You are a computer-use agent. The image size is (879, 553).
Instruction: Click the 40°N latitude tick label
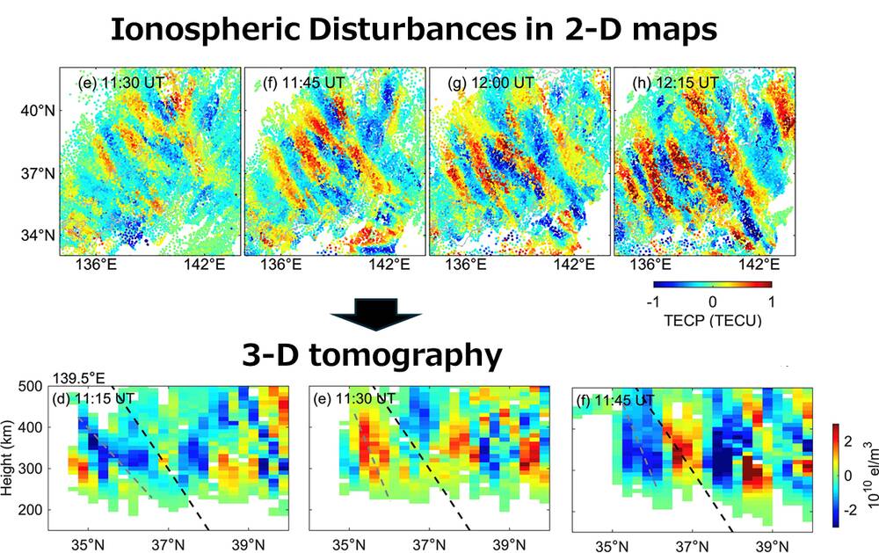tap(37, 111)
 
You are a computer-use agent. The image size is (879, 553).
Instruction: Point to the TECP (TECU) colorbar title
tap(713, 321)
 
